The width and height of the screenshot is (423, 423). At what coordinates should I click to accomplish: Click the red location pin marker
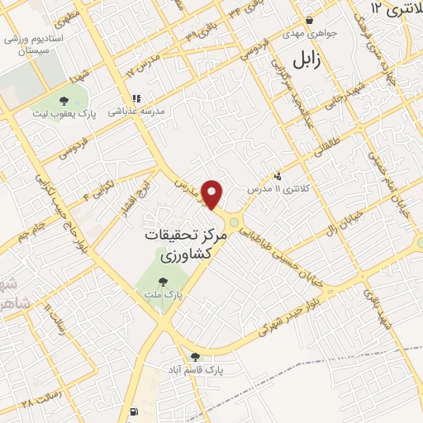tap(213, 194)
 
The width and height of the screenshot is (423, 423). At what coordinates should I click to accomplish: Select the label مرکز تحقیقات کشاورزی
tap(174, 245)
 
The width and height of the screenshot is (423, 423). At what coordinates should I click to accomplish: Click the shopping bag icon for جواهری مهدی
tap(309, 21)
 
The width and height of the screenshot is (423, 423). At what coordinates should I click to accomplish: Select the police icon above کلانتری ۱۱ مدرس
tap(278, 176)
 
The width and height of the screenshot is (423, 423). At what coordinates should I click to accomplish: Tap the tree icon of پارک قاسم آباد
tap(195, 356)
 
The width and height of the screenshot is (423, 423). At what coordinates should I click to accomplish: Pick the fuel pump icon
tap(133, 411)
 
